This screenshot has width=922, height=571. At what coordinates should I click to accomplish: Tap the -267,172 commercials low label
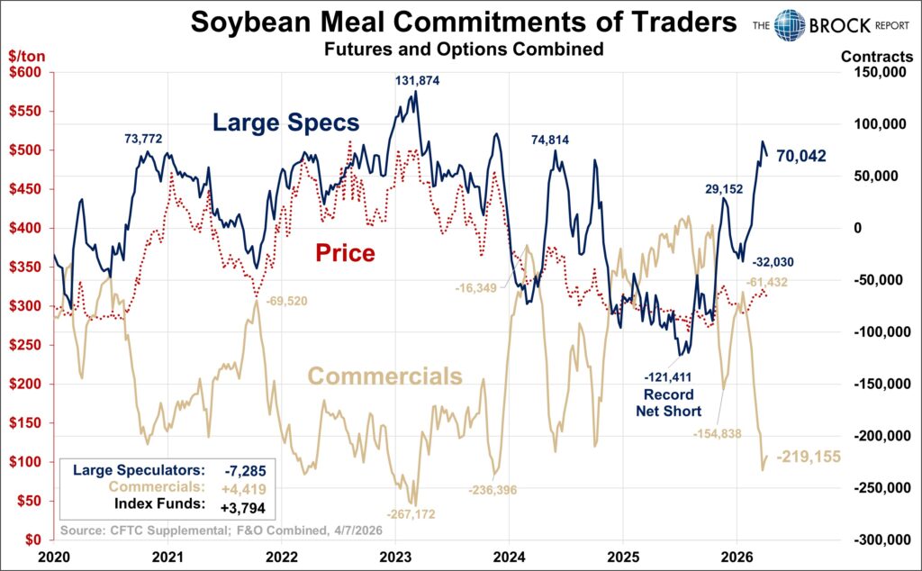[x=410, y=513]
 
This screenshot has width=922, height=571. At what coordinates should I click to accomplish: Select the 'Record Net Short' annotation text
[x=668, y=403]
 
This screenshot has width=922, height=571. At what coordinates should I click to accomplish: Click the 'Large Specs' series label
[x=286, y=122]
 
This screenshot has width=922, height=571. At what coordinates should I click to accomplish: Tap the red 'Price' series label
[x=344, y=253]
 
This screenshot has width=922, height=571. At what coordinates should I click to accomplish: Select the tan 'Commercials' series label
[x=385, y=376]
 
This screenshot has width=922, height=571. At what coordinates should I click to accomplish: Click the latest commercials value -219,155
[x=809, y=457]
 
